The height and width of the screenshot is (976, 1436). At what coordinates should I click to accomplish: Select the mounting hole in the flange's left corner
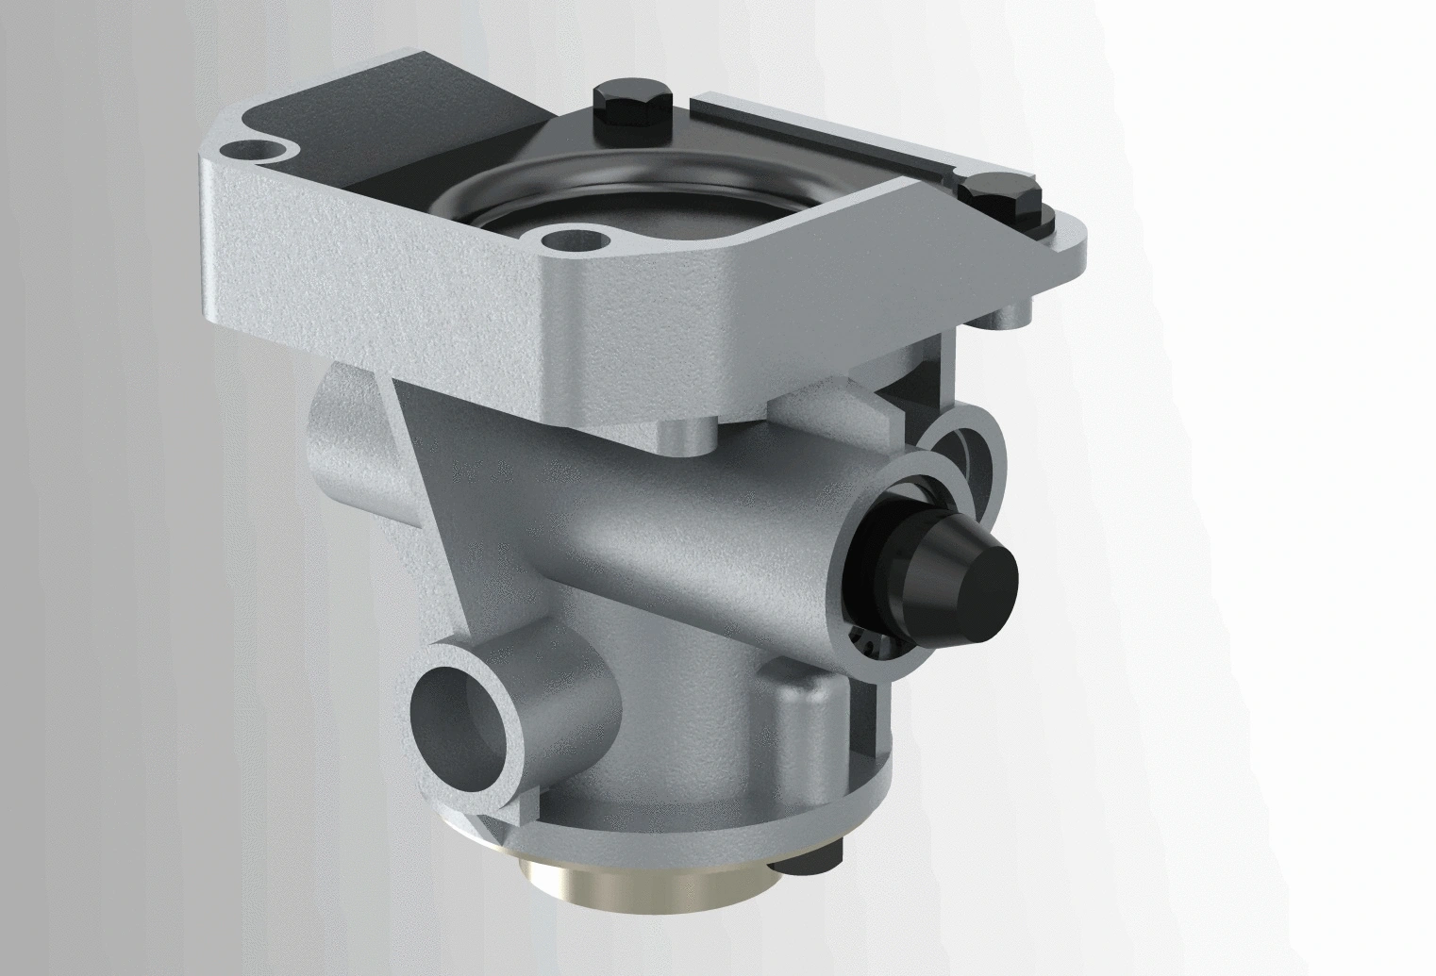click(x=254, y=150)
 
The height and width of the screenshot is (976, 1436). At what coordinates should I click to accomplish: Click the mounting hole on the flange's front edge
click(x=569, y=239)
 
